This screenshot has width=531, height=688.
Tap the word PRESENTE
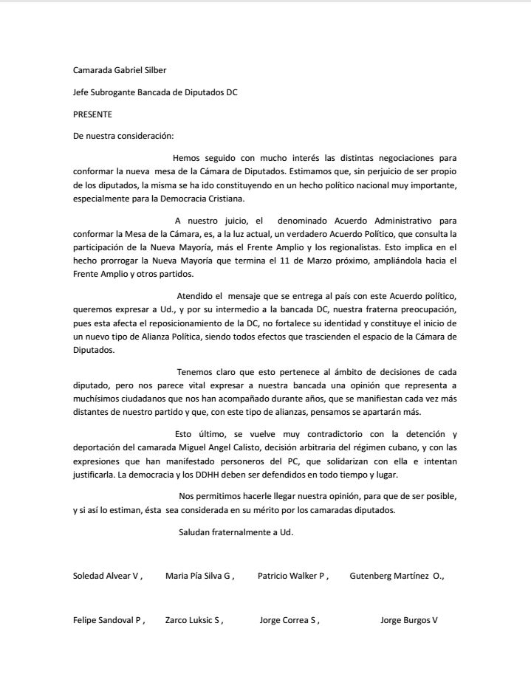click(x=92, y=114)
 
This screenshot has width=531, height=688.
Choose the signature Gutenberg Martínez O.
click(x=397, y=576)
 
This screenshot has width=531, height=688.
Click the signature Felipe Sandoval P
click(x=109, y=620)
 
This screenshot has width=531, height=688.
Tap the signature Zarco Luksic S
click(x=193, y=620)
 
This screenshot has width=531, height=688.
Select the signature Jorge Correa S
click(x=289, y=620)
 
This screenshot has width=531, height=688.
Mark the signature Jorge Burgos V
click(x=408, y=620)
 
